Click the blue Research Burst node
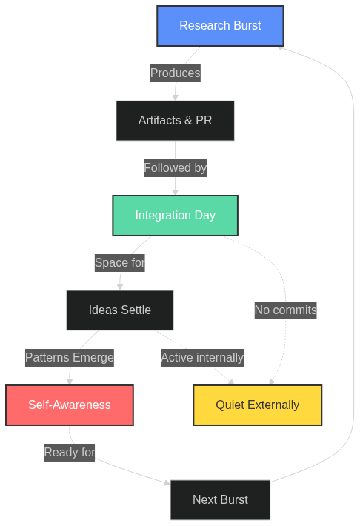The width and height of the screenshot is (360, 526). (220, 26)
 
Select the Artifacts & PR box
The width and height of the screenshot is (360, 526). (175, 121)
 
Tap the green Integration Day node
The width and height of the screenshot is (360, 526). (175, 216)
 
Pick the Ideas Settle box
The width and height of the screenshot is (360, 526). (120, 310)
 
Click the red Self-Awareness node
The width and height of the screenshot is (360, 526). (70, 405)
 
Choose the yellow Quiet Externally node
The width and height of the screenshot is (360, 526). (258, 405)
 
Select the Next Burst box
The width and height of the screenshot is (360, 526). (220, 500)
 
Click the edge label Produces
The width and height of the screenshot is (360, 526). (175, 73)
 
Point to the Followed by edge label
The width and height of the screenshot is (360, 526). (175, 168)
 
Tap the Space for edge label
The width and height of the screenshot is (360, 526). (120, 262)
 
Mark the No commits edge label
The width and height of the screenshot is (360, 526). (285, 310)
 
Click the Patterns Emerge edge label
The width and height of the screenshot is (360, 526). (70, 358)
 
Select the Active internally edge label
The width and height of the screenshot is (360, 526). (202, 358)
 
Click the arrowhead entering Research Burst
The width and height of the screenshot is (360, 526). (280, 47)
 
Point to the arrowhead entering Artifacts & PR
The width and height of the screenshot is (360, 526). (176, 97)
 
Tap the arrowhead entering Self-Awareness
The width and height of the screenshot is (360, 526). (70, 382)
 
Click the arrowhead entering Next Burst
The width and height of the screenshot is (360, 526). (167, 484)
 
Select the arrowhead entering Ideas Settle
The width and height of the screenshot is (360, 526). (120, 287)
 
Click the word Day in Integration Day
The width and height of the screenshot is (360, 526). (204, 216)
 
